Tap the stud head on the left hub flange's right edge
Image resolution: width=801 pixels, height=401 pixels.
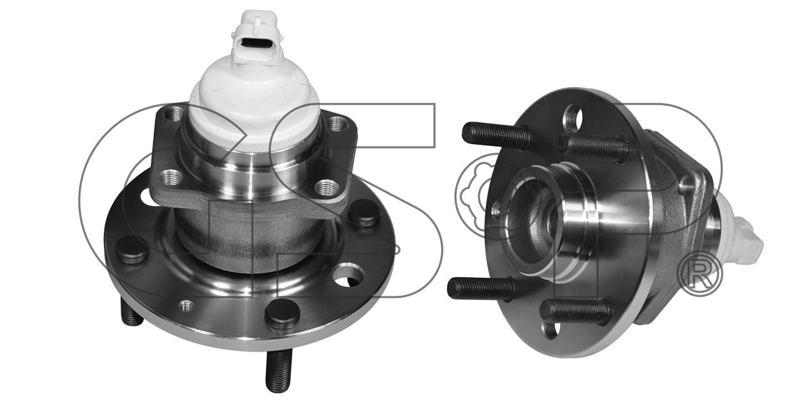pyautogui.click(x=364, y=212)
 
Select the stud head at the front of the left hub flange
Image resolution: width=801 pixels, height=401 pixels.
pyautogui.click(x=282, y=314)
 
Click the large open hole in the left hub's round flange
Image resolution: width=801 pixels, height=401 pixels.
pyautogui.click(x=348, y=276)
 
